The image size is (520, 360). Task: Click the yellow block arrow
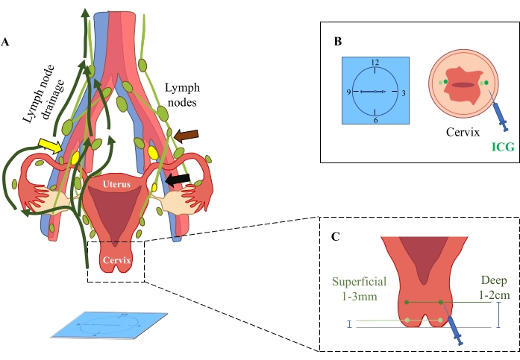50,145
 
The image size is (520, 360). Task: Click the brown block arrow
186,136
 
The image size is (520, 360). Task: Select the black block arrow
178,180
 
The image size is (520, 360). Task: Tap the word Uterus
116,184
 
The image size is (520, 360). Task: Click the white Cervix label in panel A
116,260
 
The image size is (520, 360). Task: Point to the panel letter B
338,42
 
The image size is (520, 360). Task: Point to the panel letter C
335,237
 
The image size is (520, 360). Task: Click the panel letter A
5,42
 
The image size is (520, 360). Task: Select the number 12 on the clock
375,63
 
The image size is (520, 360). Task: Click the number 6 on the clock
376,120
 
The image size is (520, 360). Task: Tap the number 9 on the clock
348,92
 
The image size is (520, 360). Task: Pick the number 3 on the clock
404,93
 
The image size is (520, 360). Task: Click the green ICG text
503,147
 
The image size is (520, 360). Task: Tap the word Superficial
360,282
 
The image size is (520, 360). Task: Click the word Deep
494,280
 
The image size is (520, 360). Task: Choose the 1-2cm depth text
494,294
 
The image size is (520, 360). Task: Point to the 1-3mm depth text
360,296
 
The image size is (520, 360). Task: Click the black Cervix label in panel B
463,132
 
